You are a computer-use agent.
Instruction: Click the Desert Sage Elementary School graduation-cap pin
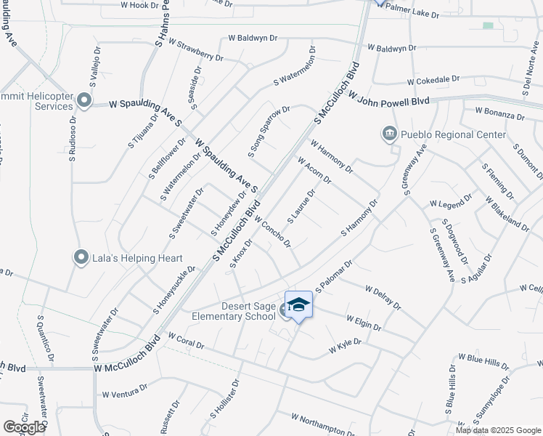point(298,304)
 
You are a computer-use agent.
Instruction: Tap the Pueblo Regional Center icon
point(390,134)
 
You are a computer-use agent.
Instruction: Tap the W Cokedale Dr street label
point(433,80)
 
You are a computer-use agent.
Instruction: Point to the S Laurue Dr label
point(301,206)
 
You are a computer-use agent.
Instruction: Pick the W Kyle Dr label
point(345,349)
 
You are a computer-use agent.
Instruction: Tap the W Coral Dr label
point(186,342)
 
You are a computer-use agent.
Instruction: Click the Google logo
point(24,427)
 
